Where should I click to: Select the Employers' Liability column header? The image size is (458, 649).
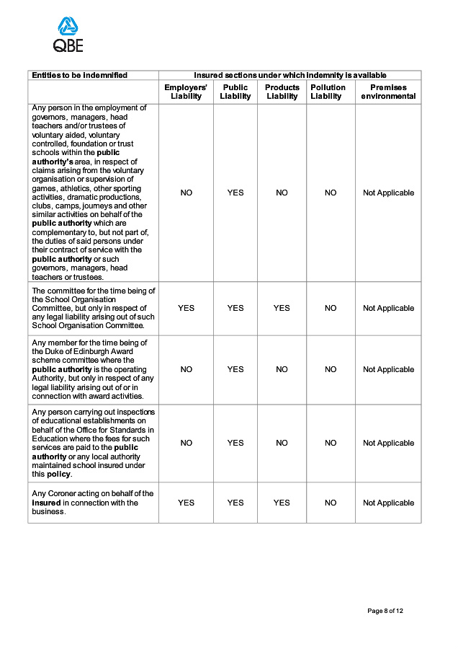186,92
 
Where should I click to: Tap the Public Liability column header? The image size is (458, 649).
235,92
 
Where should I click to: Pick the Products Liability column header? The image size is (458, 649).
282,92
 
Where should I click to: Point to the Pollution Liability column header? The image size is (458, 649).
328,92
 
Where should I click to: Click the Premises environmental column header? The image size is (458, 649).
388,92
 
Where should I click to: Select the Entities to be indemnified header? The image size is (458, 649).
79,75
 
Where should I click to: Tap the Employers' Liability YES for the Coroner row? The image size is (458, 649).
186,503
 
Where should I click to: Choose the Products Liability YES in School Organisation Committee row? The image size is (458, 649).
282,308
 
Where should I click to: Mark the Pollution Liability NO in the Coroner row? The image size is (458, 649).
331,503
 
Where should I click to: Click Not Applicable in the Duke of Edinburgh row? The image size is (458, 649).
388,369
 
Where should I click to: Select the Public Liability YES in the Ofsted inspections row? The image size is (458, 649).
235,443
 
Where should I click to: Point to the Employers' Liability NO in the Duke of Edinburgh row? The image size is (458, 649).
186,369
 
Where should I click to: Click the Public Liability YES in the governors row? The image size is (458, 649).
235,193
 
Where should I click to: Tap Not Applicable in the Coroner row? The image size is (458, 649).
388,503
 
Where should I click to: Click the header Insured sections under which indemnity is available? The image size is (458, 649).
289,75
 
